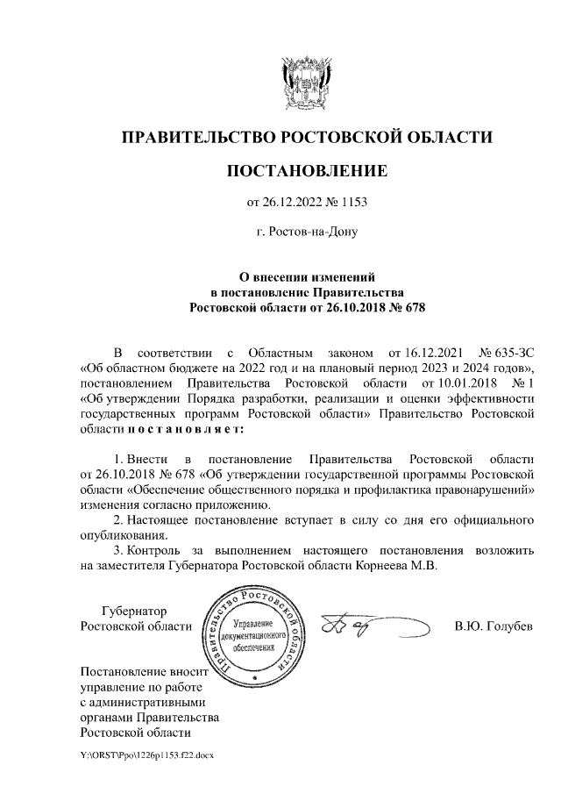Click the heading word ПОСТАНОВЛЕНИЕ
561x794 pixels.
point(307,168)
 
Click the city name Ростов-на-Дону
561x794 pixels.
point(307,232)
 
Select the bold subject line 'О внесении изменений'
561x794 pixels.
point(307,276)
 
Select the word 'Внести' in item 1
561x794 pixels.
point(140,460)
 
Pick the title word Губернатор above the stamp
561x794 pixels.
point(134,611)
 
